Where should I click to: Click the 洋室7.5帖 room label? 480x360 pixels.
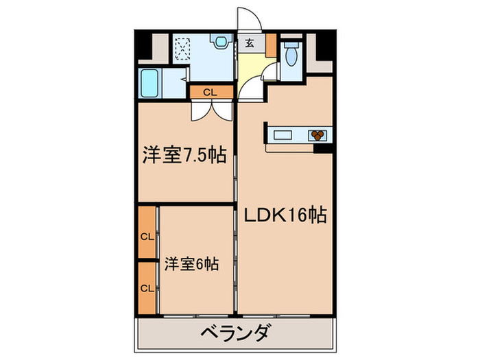pyautogui.click(x=185, y=154)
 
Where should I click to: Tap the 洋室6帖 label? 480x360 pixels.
pyautogui.click(x=191, y=263)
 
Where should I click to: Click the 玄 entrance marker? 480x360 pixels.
pyautogui.click(x=250, y=43)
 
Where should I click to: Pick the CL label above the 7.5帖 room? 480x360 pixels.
pyautogui.click(x=209, y=91)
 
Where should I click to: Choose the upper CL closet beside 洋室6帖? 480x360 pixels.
pyautogui.click(x=146, y=237)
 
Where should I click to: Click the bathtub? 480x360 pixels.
pyautogui.click(x=150, y=84)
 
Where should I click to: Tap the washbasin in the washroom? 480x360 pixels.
pyautogui.click(x=220, y=43)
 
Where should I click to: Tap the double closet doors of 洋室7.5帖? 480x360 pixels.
pyautogui.click(x=209, y=110)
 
